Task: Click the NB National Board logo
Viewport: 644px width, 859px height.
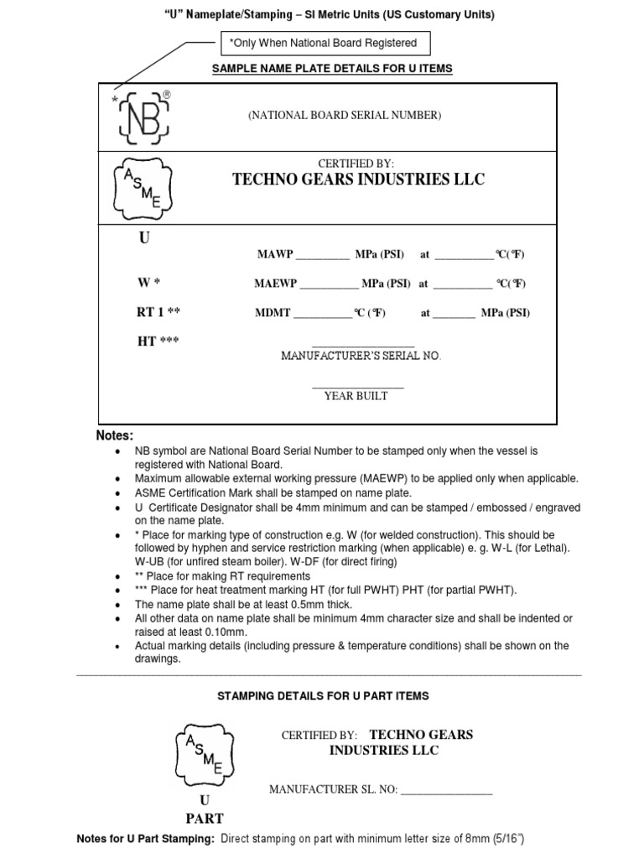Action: (x=144, y=117)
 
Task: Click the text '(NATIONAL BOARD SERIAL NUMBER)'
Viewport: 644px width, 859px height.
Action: (x=344, y=116)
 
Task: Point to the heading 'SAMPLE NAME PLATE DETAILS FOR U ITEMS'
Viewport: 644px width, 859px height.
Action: (x=333, y=68)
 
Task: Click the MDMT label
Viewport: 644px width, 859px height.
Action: (x=273, y=313)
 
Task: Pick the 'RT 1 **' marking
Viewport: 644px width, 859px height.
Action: (x=158, y=312)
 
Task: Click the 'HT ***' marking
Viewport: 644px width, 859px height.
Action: (x=158, y=341)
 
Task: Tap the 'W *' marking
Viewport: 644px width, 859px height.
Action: (x=148, y=284)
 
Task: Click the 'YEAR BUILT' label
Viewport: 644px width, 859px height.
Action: (x=356, y=396)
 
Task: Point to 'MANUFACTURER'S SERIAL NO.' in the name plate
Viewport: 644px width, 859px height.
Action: (x=361, y=356)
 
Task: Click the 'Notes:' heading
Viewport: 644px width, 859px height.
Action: (x=115, y=435)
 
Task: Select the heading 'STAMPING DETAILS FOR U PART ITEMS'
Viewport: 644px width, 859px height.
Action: (x=323, y=695)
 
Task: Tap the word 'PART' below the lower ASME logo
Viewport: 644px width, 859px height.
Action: (x=204, y=818)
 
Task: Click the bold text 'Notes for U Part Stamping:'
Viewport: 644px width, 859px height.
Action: (x=145, y=839)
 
